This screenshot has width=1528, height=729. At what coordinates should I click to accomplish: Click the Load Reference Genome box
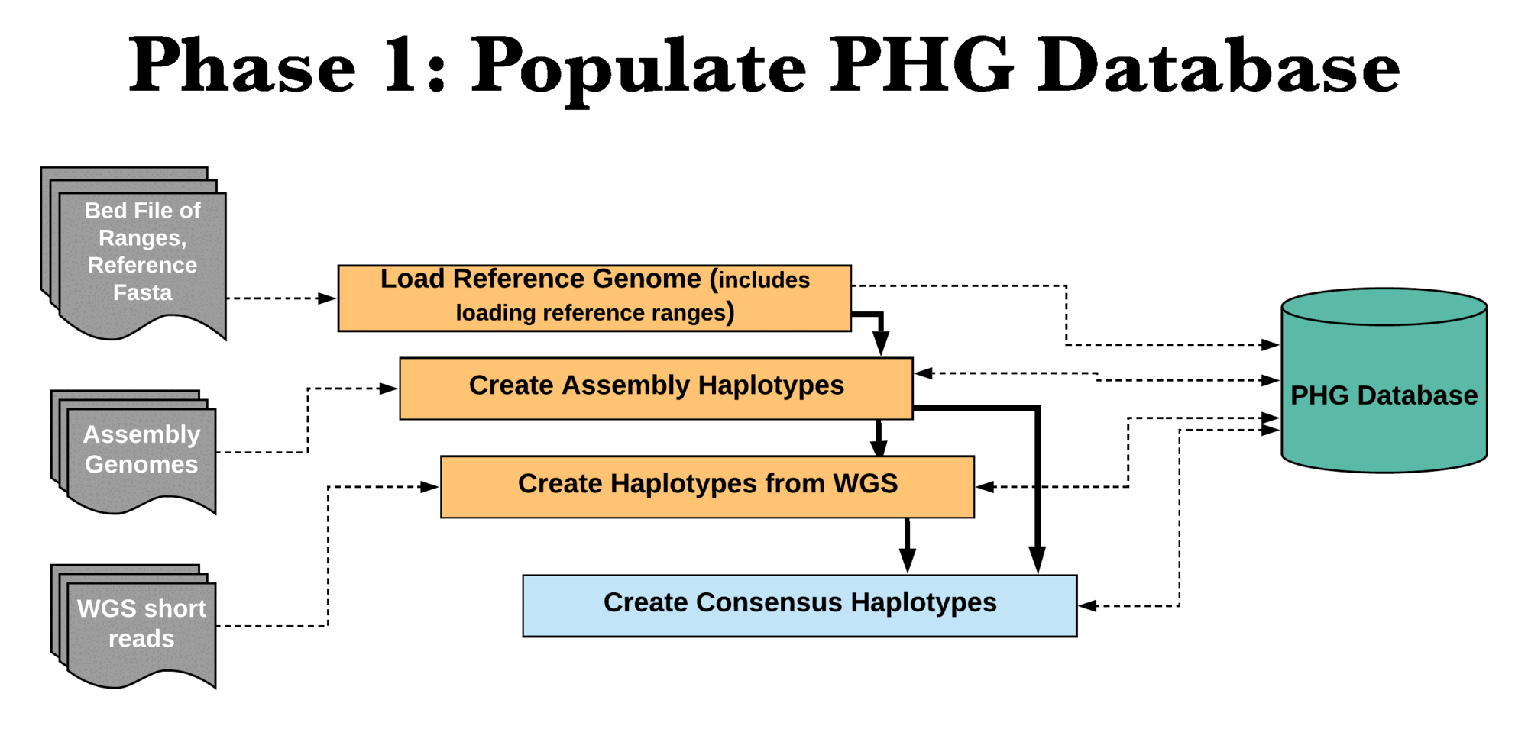tap(594, 298)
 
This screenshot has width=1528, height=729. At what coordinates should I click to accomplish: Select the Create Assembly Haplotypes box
tap(656, 388)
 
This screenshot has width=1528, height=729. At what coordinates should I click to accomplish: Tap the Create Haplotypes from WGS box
tap(707, 486)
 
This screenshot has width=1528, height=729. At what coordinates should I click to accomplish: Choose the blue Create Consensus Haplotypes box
tap(800, 605)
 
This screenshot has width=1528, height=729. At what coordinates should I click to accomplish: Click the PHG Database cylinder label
tap(1384, 395)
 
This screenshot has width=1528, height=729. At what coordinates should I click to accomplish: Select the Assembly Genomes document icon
tap(134, 452)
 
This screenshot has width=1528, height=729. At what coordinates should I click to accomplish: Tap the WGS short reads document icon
tap(134, 626)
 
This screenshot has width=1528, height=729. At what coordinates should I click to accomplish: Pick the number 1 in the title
tap(403, 65)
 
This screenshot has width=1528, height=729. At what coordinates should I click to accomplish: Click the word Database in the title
tap(1218, 65)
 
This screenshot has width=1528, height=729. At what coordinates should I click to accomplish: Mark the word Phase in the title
tap(242, 65)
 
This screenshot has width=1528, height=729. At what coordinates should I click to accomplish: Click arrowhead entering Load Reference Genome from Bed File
tap(327, 298)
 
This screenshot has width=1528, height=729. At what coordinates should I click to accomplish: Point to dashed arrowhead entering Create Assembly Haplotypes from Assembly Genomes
tap(388, 389)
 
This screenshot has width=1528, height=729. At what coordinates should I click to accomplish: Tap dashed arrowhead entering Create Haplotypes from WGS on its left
tap(429, 486)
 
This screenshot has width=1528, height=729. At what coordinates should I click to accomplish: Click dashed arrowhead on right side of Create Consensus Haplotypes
tap(1088, 606)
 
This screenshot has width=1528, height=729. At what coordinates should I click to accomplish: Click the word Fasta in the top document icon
tap(143, 292)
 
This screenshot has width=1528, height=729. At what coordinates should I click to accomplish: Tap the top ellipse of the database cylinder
tap(1384, 307)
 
